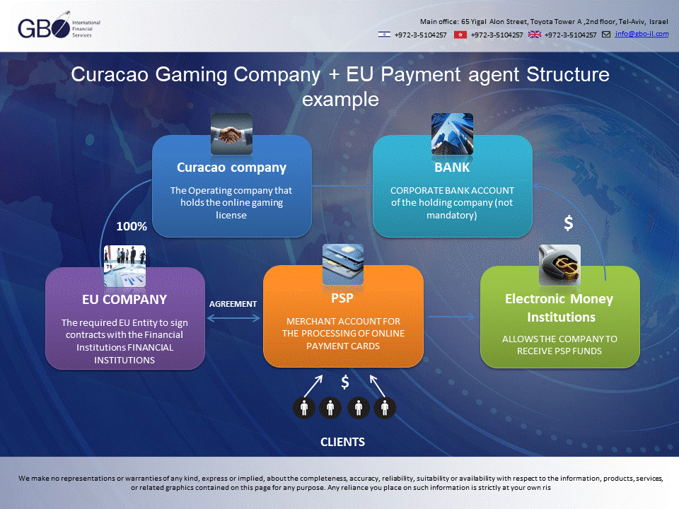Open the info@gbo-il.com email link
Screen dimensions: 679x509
(x=642, y=34)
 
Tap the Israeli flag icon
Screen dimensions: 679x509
(x=384, y=34)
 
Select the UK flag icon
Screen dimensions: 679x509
(x=535, y=34)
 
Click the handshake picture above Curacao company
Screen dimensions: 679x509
(x=232, y=134)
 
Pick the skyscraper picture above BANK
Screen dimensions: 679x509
(x=452, y=134)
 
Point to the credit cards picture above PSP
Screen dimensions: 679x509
(x=343, y=264)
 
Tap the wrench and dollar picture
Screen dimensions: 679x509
(x=559, y=265)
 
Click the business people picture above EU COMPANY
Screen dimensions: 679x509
(x=124, y=267)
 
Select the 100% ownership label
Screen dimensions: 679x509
(x=132, y=226)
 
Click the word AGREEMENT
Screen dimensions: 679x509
(x=233, y=304)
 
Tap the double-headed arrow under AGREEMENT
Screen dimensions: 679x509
(x=234, y=318)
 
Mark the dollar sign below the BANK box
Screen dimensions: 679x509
(x=569, y=223)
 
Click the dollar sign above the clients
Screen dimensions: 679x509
(x=345, y=382)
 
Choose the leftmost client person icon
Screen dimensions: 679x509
(x=304, y=408)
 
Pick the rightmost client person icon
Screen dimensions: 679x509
(x=385, y=408)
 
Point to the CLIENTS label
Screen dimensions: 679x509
(x=342, y=442)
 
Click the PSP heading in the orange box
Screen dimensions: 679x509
(x=342, y=298)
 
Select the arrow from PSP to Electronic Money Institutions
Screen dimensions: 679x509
(x=452, y=317)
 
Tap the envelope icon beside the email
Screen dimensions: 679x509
(x=606, y=34)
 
